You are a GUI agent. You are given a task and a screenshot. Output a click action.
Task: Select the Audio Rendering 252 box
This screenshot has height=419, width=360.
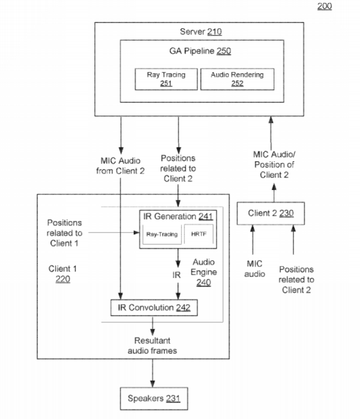(236, 79)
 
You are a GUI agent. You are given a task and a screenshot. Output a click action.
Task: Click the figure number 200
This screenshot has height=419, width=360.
(324, 6)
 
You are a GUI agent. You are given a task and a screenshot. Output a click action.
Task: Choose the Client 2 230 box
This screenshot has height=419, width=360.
(270, 213)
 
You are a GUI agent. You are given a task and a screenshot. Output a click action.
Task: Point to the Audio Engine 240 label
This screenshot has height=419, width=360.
(203, 273)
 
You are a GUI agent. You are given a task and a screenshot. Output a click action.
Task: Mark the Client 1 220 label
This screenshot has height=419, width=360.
(63, 274)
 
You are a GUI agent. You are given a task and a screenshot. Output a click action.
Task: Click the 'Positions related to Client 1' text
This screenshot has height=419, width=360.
(64, 233)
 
